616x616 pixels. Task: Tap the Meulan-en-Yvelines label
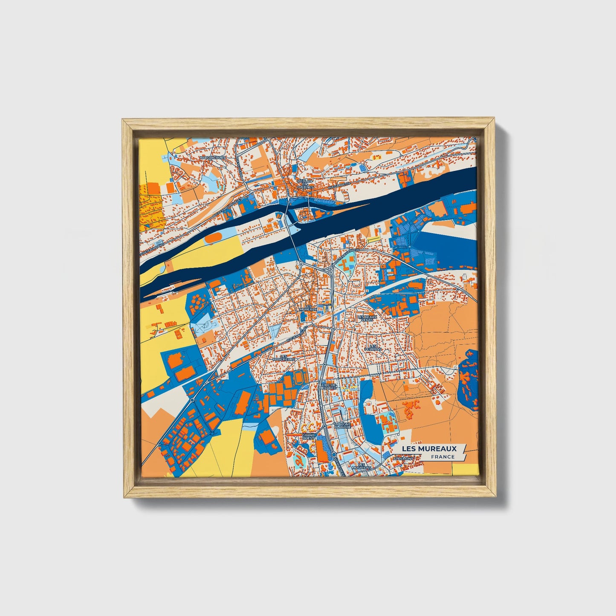[x=305, y=184]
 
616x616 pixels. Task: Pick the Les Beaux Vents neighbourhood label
[x=367, y=318]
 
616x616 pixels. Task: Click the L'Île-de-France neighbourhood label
[x=330, y=386]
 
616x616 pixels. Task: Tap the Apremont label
[x=403, y=459]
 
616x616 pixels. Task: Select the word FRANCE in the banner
[x=442, y=457]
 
